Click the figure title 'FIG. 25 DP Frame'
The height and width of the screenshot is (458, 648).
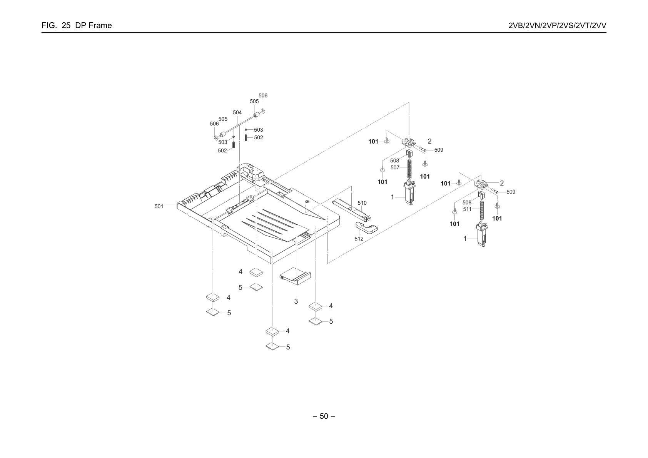77,25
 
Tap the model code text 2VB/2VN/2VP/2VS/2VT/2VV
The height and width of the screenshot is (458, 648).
557,25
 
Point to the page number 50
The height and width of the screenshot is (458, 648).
324,416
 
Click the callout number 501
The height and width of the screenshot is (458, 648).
159,206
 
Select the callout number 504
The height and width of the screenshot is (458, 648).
237,112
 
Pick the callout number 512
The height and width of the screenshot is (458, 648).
359,239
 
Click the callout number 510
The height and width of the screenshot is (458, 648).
362,203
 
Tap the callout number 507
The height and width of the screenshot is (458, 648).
395,167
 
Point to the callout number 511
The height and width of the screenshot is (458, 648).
467,209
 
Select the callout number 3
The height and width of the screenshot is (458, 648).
296,301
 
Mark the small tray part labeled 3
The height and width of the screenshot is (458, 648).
295,276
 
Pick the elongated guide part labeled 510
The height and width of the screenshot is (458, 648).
351,209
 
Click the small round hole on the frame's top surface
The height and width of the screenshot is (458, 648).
307,202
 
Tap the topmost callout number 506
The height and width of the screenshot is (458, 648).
263,95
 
